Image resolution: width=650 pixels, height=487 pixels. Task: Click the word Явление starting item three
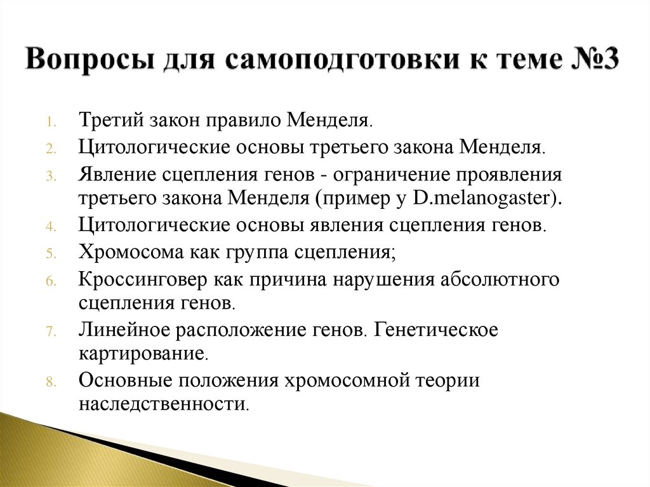pos(116,174)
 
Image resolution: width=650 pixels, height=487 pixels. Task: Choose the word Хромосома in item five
pos(129,251)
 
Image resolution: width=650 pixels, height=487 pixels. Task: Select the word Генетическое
pos(436,330)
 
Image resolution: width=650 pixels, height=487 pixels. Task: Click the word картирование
pos(143,354)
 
